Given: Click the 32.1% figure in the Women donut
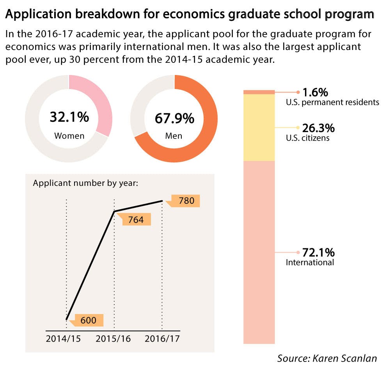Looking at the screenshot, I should pyautogui.click(x=69, y=117).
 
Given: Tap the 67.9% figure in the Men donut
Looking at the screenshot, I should pyautogui.click(x=174, y=118).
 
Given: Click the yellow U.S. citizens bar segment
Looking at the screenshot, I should pyautogui.click(x=259, y=127).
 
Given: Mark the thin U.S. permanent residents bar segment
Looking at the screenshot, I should pyautogui.click(x=259, y=92).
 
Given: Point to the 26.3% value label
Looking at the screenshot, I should pyautogui.click(x=319, y=128).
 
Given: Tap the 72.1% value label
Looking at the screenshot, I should pyautogui.click(x=319, y=252).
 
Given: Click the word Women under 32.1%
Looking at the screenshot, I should pyautogui.click(x=69, y=136).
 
